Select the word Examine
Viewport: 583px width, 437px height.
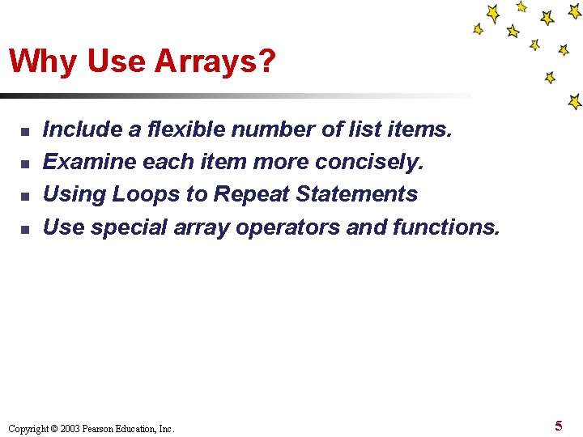(89, 163)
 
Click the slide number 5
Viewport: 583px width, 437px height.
(559, 426)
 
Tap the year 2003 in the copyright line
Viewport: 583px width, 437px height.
(68, 429)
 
